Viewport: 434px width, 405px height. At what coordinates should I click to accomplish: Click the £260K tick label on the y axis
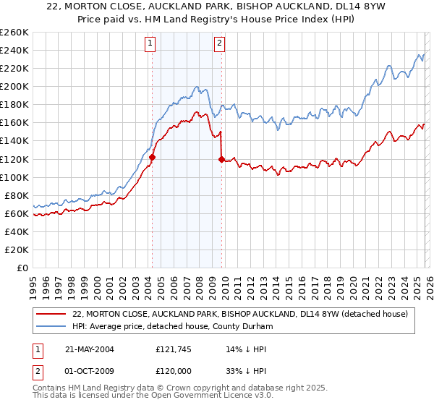pos(14,33)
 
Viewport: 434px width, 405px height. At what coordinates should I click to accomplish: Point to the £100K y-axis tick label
pos(14,177)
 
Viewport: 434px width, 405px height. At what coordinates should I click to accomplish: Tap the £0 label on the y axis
pos(22,268)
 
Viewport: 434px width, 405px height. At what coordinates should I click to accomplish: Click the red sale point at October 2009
pos(221,159)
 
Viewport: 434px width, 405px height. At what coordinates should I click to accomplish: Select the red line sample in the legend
pos(52,315)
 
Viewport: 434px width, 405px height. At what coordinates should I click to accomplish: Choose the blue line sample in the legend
pos(52,326)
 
